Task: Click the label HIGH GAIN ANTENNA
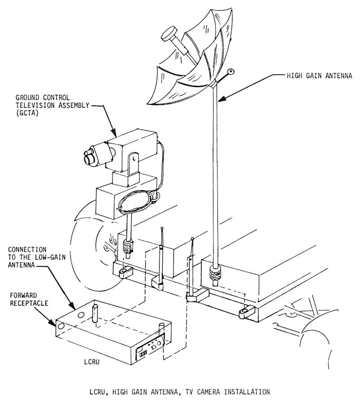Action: (x=319, y=76)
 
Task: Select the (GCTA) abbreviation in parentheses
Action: (x=27, y=113)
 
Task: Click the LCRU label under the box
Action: (x=91, y=362)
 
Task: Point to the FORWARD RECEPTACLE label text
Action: (x=29, y=299)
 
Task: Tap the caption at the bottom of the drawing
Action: (x=180, y=392)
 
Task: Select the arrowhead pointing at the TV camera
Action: (x=113, y=132)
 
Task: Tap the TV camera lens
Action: (x=89, y=158)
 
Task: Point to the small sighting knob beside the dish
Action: (x=231, y=71)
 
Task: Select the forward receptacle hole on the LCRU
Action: (x=61, y=326)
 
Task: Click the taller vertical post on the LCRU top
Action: (x=95, y=314)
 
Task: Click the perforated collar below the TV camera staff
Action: (x=128, y=247)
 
